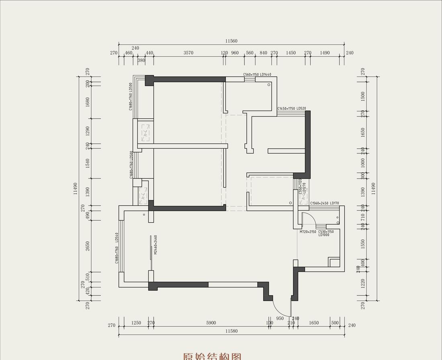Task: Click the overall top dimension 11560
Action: (x=231, y=41)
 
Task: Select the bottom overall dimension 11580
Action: (x=231, y=331)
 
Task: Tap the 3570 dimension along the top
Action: (x=188, y=53)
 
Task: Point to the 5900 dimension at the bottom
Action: (x=211, y=323)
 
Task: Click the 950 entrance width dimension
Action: (x=280, y=319)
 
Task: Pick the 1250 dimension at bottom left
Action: (x=136, y=323)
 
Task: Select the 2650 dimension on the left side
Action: (x=88, y=245)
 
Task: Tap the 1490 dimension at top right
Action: (x=325, y=53)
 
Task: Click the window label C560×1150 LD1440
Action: (x=257, y=75)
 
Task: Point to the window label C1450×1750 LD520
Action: (x=292, y=108)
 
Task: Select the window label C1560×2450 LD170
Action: (x=325, y=203)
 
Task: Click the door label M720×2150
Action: (x=308, y=232)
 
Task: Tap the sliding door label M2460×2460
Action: (x=156, y=245)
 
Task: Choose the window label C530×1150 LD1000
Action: (x=326, y=233)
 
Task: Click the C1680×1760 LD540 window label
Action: (x=117, y=248)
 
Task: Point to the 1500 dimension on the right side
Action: (x=363, y=96)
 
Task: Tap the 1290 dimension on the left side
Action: (x=88, y=131)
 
